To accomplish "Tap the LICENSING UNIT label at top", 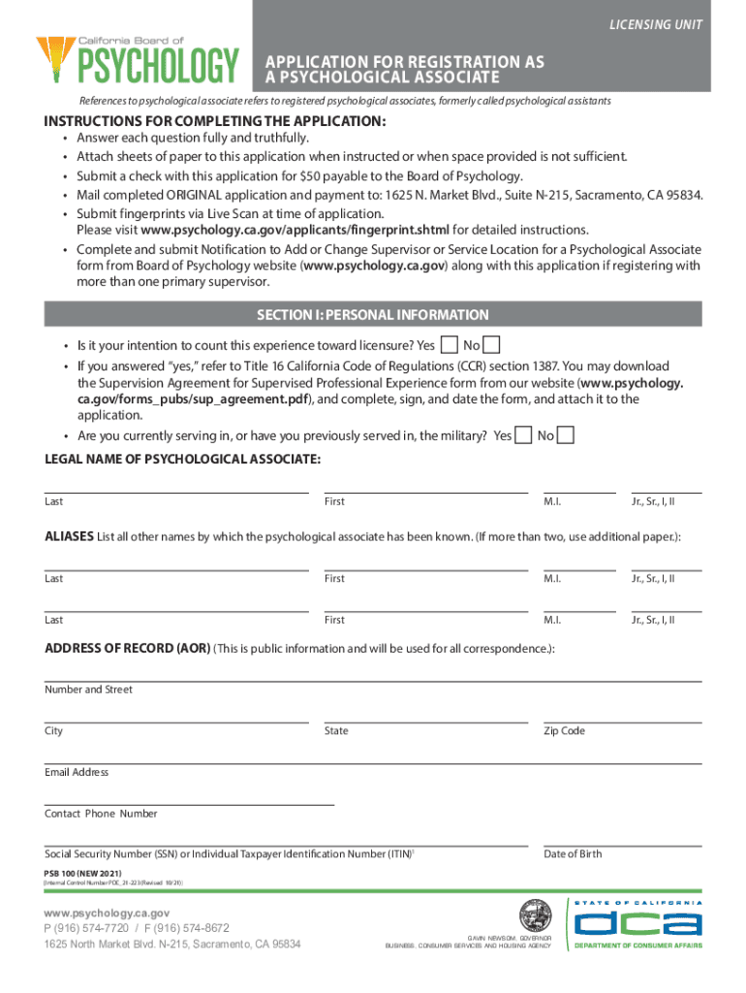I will click(664, 24).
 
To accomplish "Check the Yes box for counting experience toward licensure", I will click(450, 345).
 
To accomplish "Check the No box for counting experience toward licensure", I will click(491, 345).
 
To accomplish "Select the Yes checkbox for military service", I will click(524, 435).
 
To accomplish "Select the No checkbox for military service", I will click(566, 435).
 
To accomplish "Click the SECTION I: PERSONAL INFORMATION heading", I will click(372, 315).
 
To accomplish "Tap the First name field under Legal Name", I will click(425, 485).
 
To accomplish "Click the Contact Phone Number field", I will click(189, 798).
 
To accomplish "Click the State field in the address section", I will click(425, 715).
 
